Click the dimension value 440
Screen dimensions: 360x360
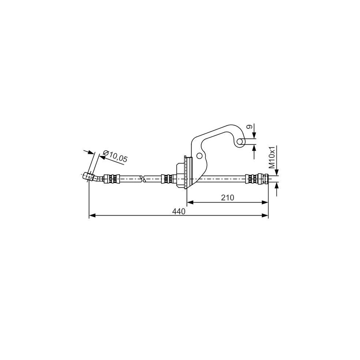(x=179, y=212)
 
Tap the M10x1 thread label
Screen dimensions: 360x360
(x=272, y=157)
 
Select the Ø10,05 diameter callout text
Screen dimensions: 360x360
(x=115, y=156)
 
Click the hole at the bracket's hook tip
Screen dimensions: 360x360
(x=240, y=141)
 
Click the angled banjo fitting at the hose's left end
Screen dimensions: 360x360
(x=88, y=176)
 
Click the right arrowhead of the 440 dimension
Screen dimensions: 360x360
(x=265, y=216)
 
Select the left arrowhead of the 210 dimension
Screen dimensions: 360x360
(x=191, y=202)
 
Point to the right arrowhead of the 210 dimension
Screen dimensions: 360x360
(x=265, y=202)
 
